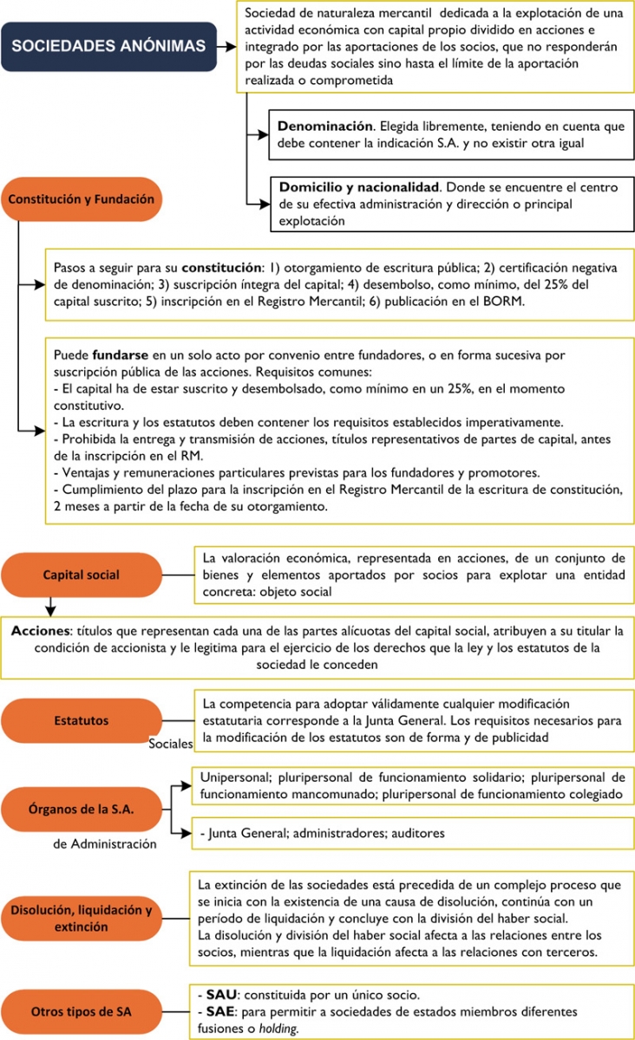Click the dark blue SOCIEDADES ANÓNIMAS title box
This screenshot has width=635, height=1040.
[x=108, y=46]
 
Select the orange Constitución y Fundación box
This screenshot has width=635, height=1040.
[x=81, y=199]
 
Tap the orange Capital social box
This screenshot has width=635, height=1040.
[x=81, y=575]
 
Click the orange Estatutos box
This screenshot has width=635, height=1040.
[x=81, y=720]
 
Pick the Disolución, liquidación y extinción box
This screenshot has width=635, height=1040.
[x=81, y=919]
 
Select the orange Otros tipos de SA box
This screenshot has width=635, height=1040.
[x=81, y=1011]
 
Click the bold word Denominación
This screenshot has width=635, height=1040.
[x=324, y=127]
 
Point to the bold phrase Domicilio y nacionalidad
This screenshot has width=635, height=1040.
[x=359, y=187]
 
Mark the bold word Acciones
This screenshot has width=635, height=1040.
[x=38, y=629]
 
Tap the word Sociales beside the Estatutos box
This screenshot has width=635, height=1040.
[x=170, y=744]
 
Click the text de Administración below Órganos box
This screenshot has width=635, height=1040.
[x=105, y=843]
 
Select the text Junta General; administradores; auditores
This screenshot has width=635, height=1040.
[x=322, y=833]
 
